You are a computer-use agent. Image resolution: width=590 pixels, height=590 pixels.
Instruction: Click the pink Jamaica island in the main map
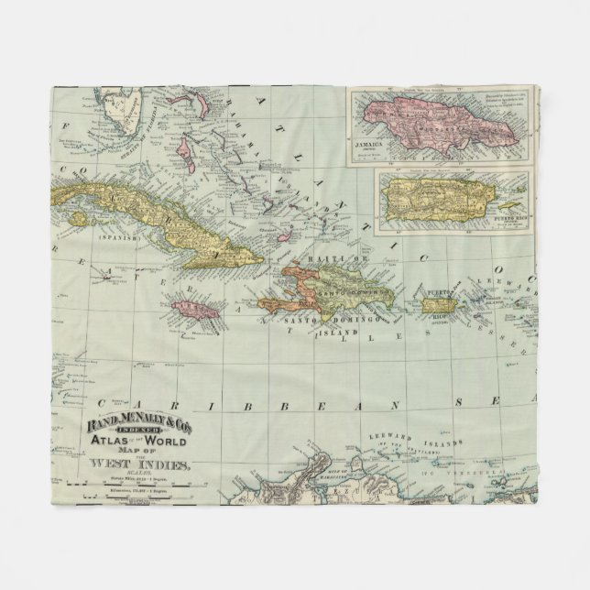point(195,310)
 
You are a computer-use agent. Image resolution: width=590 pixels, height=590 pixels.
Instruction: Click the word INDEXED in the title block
point(140,438)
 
